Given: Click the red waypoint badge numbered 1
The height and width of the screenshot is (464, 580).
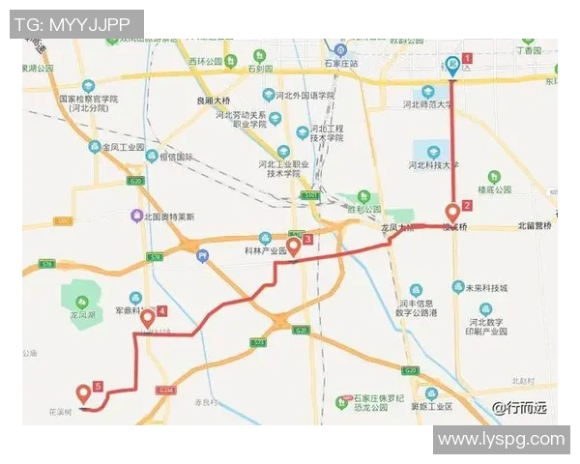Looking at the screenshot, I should coord(468,57).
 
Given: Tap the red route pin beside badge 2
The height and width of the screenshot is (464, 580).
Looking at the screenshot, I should coord(452,213).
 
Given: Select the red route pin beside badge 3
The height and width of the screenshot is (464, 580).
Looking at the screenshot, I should coord(293,246).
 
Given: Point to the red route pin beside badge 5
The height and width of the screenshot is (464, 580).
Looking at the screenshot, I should coord(83,393).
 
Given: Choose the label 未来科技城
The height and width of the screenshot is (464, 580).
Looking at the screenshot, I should coord(488,287).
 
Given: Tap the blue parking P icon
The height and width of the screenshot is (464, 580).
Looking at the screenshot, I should coord(202,256).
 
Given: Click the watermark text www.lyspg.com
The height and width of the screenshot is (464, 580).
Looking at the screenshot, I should coord(500,439).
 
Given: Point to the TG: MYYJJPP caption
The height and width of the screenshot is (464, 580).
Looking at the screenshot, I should coord(75,23).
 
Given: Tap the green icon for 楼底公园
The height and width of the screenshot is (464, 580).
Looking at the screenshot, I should coord(494,178).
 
